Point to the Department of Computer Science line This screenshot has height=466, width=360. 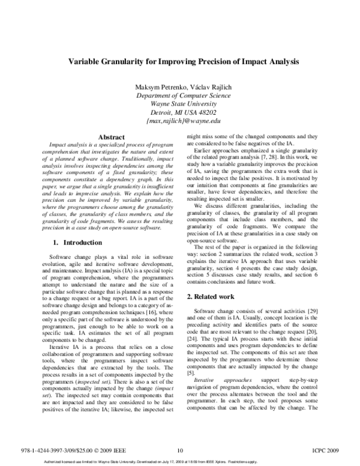point(179,95)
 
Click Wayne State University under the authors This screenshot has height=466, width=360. point(179,104)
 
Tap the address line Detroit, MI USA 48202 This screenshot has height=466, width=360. point(179,112)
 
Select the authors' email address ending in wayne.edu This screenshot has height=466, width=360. point(179,121)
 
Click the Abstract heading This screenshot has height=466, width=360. point(111,138)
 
